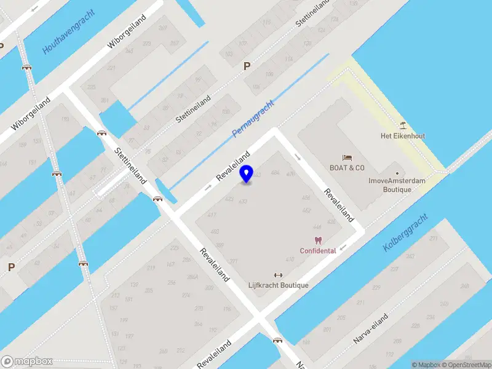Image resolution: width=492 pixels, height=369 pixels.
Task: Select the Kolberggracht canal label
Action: (x=405, y=232)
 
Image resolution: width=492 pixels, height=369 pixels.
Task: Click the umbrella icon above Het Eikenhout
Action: (x=403, y=125)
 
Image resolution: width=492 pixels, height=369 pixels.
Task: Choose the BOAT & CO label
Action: (x=347, y=168)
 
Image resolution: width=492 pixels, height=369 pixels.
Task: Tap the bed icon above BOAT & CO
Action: (x=347, y=157)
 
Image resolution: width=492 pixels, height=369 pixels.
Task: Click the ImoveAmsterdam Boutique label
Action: (x=397, y=185)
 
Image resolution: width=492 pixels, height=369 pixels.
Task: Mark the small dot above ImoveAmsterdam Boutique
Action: (x=397, y=173)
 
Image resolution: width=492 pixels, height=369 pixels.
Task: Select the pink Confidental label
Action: (x=317, y=251)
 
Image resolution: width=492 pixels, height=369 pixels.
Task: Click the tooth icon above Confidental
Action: (x=317, y=240)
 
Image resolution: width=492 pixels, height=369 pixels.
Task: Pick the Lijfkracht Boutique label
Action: (x=278, y=285)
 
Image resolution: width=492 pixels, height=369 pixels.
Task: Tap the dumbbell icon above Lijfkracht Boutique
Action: (x=278, y=275)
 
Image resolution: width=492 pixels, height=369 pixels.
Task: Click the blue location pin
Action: (x=247, y=174)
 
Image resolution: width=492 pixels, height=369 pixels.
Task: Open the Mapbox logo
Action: (x=26, y=362)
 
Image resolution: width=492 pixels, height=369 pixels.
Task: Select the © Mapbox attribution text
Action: (x=425, y=365)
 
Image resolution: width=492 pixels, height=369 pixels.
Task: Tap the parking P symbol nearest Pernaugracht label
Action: (x=247, y=66)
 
